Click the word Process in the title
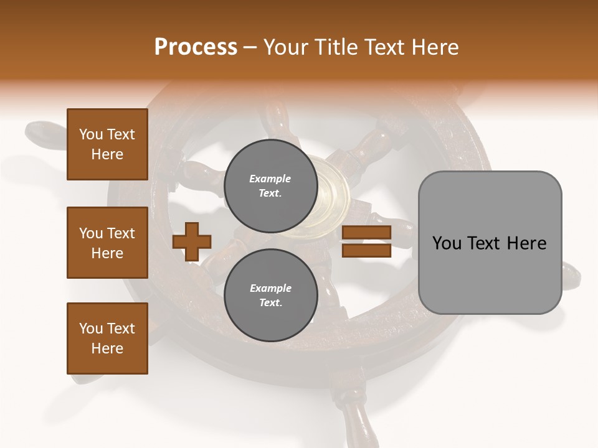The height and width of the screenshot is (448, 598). [196, 47]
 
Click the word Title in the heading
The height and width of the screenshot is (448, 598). [335, 47]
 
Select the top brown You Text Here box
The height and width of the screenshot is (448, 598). [107, 144]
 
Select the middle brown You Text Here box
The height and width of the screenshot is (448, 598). [107, 243]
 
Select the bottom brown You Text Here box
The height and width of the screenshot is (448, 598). [107, 338]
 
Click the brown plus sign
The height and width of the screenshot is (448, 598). [192, 241]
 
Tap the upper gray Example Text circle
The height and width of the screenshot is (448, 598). [271, 186]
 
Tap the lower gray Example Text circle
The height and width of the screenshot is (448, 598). [271, 296]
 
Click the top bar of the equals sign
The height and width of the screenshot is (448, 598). [366, 233]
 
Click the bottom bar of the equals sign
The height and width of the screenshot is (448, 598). [366, 250]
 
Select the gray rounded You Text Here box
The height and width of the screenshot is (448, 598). [490, 243]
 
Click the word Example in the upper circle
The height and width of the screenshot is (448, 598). [270, 179]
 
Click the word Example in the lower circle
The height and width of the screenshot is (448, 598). [270, 288]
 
